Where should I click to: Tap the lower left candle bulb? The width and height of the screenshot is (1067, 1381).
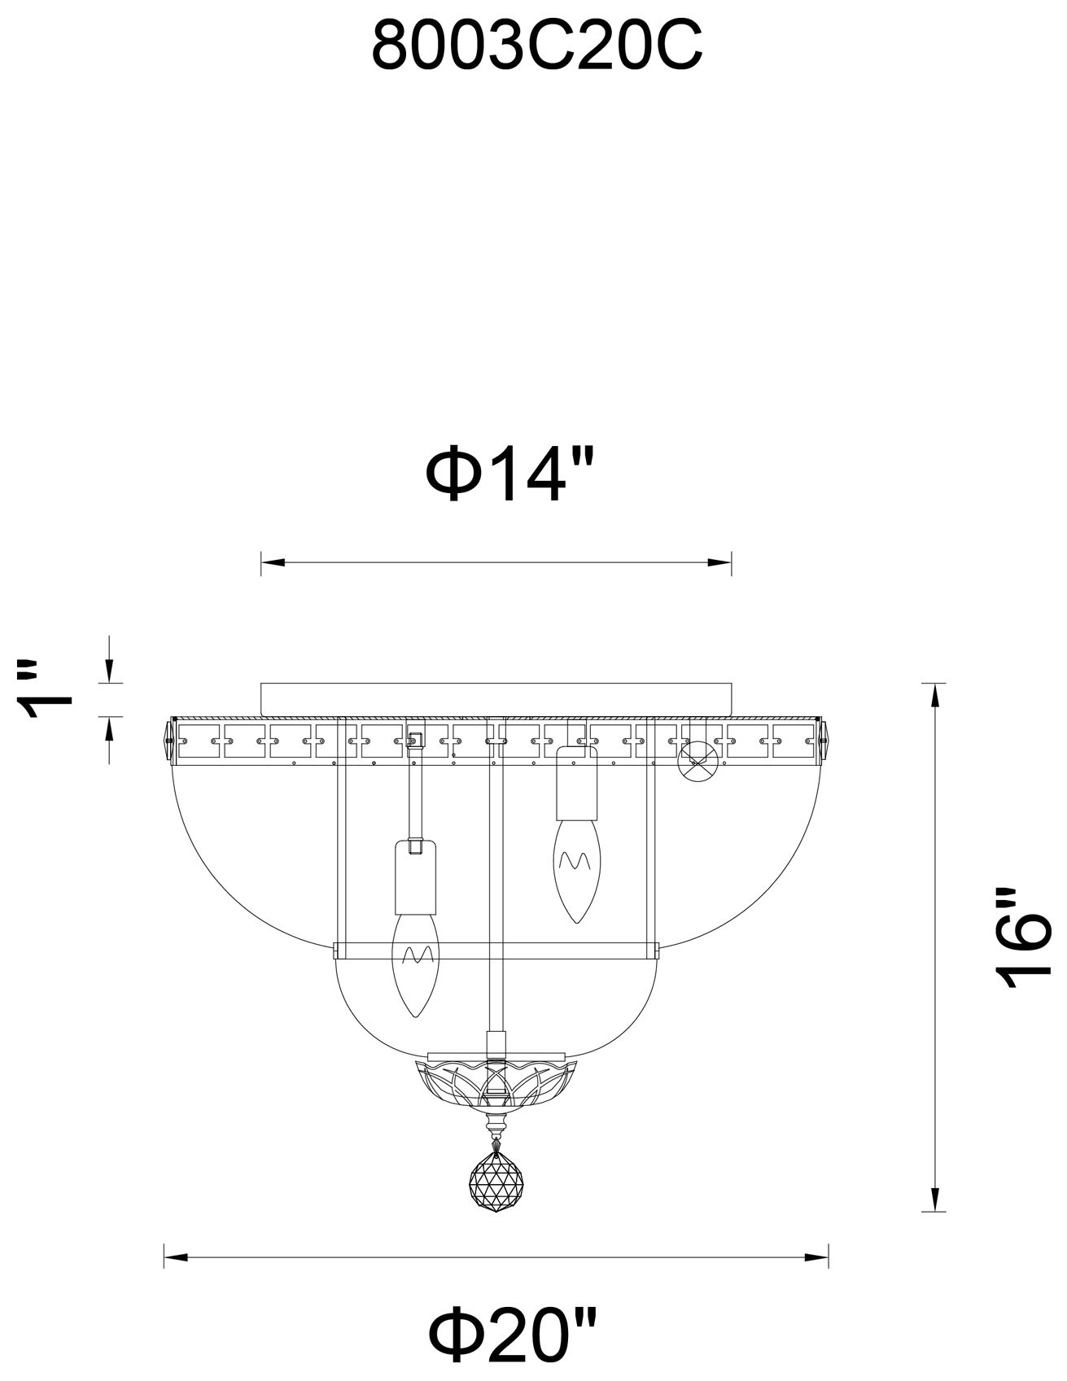415,964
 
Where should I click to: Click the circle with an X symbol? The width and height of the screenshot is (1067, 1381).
701,762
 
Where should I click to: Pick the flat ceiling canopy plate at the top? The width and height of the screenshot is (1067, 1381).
496,697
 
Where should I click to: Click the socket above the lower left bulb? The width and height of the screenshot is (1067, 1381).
416,877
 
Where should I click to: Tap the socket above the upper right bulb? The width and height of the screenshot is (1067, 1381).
576,783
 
